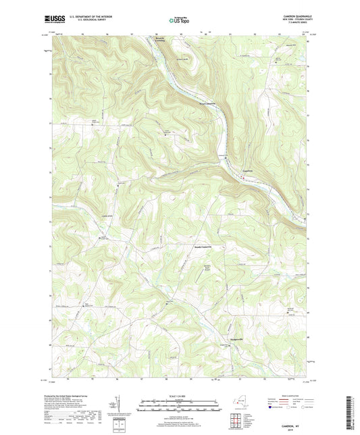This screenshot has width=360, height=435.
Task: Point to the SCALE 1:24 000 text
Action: (179, 396)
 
